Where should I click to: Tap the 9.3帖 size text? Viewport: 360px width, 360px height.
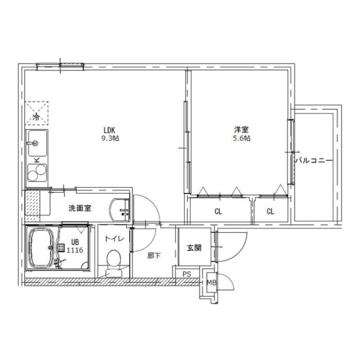pos(110,139)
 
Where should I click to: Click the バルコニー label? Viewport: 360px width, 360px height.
pos(314,160)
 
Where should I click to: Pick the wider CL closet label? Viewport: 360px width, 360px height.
pos(218,211)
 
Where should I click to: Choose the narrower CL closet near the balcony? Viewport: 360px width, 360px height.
pos(270,211)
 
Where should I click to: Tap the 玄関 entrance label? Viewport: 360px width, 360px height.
pos(194,247)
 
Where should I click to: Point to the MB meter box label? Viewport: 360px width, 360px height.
pos(211,283)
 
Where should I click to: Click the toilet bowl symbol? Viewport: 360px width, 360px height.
pos(113,259)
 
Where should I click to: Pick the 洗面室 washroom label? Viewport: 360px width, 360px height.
pos(80,208)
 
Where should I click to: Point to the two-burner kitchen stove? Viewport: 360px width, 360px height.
pos(36,172)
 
